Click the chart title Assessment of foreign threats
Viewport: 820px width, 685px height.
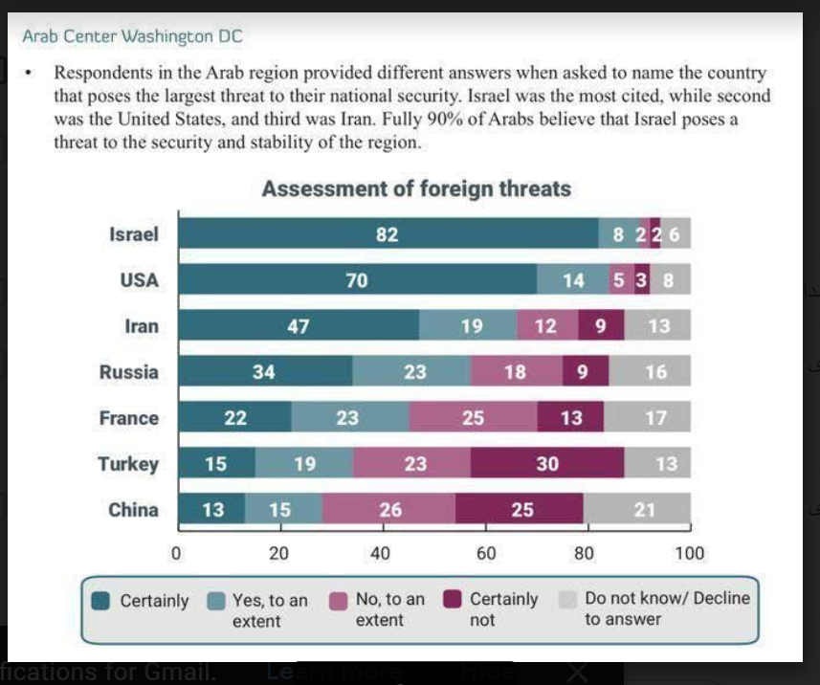pyautogui.click(x=416, y=188)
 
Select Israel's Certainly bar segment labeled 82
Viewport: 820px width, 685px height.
pyautogui.click(x=388, y=234)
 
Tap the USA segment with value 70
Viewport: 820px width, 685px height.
pyautogui.click(x=357, y=280)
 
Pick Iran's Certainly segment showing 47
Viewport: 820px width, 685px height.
pyautogui.click(x=299, y=326)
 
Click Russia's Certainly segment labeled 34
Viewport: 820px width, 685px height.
pyautogui.click(x=265, y=372)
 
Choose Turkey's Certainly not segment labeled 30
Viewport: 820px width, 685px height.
pyautogui.click(x=547, y=464)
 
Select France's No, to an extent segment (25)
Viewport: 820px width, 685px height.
pyautogui.click(x=473, y=418)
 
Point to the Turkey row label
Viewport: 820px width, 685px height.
pyautogui.click(x=128, y=464)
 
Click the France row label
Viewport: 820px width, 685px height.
pyautogui.click(x=128, y=418)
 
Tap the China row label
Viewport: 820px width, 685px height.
pyautogui.click(x=133, y=510)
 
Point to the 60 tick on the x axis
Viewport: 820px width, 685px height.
pyautogui.click(x=485, y=553)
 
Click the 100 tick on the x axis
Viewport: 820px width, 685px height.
pyautogui.click(x=689, y=553)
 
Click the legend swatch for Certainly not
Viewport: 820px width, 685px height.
pyautogui.click(x=454, y=601)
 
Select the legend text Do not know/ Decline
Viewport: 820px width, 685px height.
pyautogui.click(x=667, y=599)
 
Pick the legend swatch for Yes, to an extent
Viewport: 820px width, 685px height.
pyautogui.click(x=217, y=601)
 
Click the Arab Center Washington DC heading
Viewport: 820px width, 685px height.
pyautogui.click(x=132, y=37)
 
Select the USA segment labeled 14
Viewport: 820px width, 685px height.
pyautogui.click(x=572, y=280)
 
